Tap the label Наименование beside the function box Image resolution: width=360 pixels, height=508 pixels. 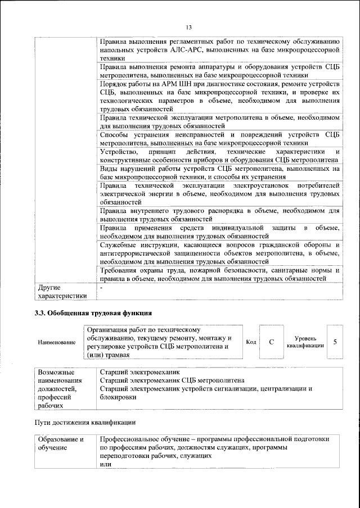click(56, 342)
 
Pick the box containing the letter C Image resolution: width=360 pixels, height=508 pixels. click(271, 342)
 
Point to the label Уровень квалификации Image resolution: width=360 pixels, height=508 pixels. click(305, 342)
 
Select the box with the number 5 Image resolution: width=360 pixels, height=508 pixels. click(335, 342)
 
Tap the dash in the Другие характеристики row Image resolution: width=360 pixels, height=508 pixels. click(101, 288)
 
